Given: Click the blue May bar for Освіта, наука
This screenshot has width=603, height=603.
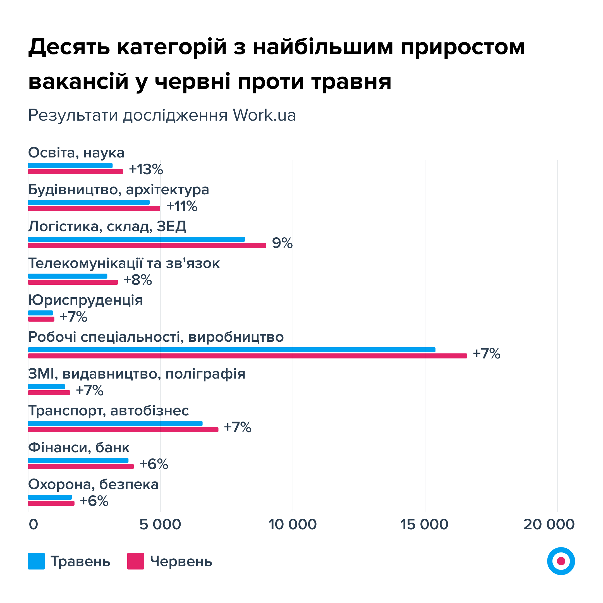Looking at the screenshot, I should tap(70, 166).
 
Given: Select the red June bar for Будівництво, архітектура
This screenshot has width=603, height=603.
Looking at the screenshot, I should tap(94, 209).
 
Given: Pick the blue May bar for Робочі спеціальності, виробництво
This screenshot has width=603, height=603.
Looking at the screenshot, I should tap(232, 350).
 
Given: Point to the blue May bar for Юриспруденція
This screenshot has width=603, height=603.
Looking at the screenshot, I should tap(40, 313).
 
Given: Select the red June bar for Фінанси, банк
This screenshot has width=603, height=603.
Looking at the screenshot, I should tap(81, 466).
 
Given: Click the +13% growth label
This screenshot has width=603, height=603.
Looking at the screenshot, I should tap(146, 169).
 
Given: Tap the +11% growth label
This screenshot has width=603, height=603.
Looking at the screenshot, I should tap(182, 206).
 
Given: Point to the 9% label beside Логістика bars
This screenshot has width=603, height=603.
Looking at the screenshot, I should tap(282, 243).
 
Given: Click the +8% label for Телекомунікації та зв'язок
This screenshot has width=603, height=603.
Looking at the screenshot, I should tap(138, 280).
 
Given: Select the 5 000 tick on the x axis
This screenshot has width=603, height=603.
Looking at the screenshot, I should tap(160, 524).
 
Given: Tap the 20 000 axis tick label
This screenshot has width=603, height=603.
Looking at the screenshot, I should tap(549, 524).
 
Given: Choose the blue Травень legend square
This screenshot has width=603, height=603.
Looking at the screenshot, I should tap(36, 561).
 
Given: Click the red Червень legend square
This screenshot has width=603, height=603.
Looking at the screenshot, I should tap(135, 561).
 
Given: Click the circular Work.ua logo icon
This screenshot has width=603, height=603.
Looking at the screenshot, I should tap(561, 561).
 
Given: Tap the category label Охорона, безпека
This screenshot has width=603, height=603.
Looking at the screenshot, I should tap(93, 485).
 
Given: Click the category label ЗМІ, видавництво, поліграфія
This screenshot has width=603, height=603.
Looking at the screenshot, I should tap(137, 374).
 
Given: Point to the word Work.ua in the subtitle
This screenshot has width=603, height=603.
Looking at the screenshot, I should tap(264, 115).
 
